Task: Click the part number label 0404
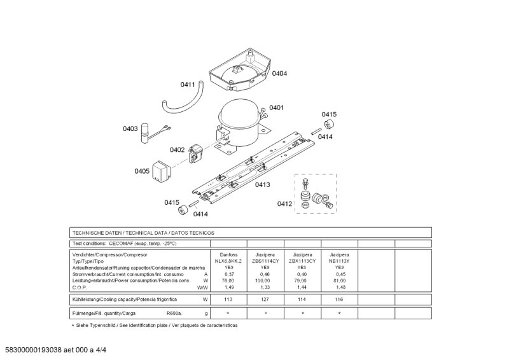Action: [279, 74]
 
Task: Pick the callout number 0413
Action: [262, 185]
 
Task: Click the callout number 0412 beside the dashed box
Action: [284, 204]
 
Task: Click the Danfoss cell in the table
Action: [228, 254]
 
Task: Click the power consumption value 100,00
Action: [265, 280]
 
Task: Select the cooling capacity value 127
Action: [265, 299]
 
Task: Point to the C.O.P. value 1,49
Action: [228, 287]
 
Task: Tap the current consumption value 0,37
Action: [228, 274]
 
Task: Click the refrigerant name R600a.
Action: [174, 314]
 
